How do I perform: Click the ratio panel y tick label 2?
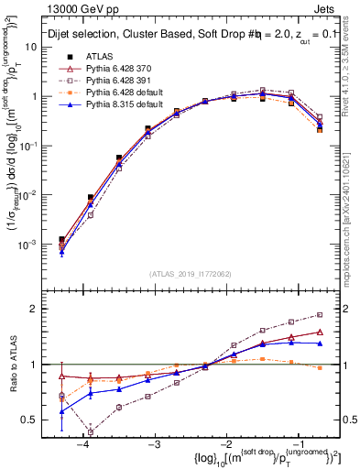39,309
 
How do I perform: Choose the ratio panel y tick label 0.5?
36,420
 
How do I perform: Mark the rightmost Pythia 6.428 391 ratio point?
320,314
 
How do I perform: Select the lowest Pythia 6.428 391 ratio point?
91,432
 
